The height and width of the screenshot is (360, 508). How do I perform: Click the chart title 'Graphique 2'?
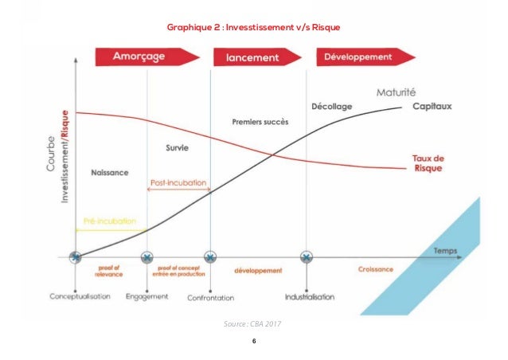tap(253, 28)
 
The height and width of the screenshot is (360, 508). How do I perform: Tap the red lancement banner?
tap(257, 57)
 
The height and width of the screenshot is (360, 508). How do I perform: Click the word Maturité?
tap(396, 91)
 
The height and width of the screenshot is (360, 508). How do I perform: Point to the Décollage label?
tap(331, 106)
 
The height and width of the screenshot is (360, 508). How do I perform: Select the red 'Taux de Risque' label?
tap(428, 163)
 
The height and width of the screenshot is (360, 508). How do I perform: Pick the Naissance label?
tap(111, 172)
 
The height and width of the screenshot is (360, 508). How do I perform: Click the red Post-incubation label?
tap(179, 182)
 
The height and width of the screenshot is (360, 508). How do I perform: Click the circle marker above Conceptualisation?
tap(75, 256)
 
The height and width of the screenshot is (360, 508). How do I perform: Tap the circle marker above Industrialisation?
tap(307, 256)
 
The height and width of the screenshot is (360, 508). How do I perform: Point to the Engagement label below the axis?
tap(147, 296)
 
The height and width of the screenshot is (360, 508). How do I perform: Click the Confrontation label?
tap(210, 297)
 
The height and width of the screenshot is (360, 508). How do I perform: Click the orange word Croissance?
tap(374, 269)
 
